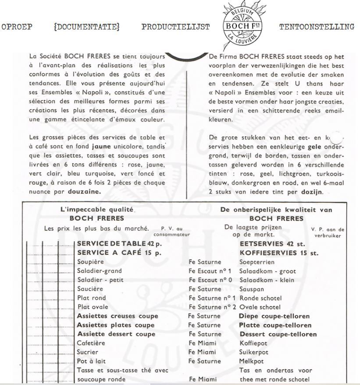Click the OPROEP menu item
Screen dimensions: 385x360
17,27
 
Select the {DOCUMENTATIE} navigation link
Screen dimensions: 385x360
86,27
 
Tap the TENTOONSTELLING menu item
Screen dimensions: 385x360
316,27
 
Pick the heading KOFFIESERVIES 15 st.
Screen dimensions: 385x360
279,253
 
